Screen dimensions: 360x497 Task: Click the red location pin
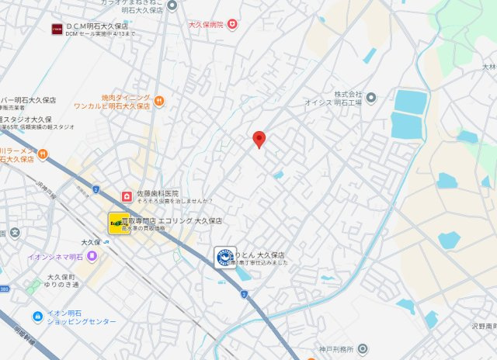pyautogui.click(x=260, y=139)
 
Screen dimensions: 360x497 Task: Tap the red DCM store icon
pyautogui.click(x=57, y=29)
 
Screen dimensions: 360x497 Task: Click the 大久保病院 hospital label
pyautogui.click(x=206, y=25)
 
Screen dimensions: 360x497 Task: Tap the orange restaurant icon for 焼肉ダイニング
pyautogui.click(x=159, y=100)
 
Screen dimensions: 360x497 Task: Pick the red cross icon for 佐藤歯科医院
pyautogui.click(x=126, y=194)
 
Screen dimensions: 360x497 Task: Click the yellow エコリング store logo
pyautogui.click(x=119, y=223)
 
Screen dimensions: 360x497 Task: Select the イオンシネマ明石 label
pyautogui.click(x=55, y=258)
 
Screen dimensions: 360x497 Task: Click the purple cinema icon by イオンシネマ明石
pyautogui.click(x=92, y=257)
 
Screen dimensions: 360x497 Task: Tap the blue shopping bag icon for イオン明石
pyautogui.click(x=37, y=317)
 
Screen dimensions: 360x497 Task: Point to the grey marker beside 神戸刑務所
pyautogui.click(x=363, y=349)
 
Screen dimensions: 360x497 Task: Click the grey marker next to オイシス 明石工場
pyautogui.click(x=371, y=98)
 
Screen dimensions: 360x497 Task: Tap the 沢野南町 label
pyautogui.click(x=483, y=327)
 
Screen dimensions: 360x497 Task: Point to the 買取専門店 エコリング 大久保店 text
pyautogui.click(x=179, y=221)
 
